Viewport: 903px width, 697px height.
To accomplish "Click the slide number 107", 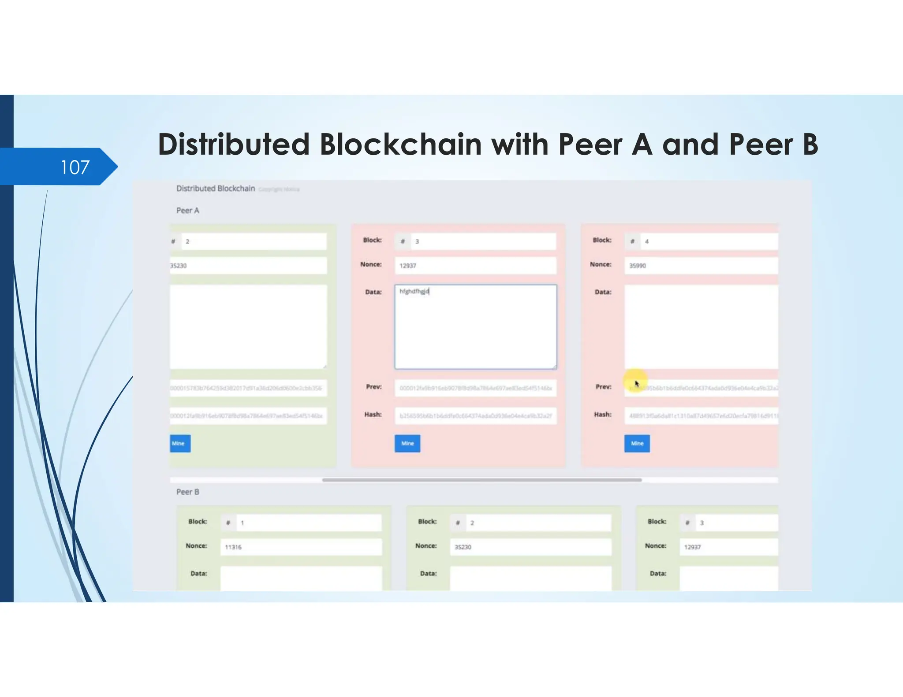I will pyautogui.click(x=75, y=167).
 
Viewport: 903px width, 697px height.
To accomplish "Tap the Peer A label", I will pyautogui.click(x=188, y=211).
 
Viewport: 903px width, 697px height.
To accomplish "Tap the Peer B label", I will pyautogui.click(x=188, y=492).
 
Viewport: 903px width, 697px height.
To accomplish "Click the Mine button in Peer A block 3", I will pyautogui.click(x=407, y=443).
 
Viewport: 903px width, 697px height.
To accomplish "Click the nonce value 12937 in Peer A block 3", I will pyautogui.click(x=408, y=266).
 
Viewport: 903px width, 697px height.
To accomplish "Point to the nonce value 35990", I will pyautogui.click(x=638, y=266).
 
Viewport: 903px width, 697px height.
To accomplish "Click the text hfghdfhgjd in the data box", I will pyautogui.click(x=414, y=291).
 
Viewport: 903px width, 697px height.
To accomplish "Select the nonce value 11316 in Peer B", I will pyautogui.click(x=233, y=547).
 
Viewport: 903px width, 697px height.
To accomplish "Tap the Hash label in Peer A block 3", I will pyautogui.click(x=373, y=415).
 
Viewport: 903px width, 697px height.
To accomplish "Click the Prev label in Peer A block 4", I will pyautogui.click(x=603, y=387).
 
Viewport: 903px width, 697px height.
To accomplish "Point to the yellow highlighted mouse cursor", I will pyautogui.click(x=636, y=382).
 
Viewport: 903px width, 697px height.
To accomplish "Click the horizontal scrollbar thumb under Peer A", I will pyautogui.click(x=481, y=480).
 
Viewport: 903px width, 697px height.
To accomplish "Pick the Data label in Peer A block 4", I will pyautogui.click(x=603, y=292).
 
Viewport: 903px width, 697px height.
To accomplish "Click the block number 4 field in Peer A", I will pyautogui.click(x=708, y=241).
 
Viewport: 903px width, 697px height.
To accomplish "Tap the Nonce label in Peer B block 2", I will pyautogui.click(x=426, y=546).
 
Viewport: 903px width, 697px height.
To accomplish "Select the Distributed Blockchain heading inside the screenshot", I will pyautogui.click(x=216, y=189).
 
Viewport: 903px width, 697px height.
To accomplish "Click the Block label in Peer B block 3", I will pyautogui.click(x=657, y=522).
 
